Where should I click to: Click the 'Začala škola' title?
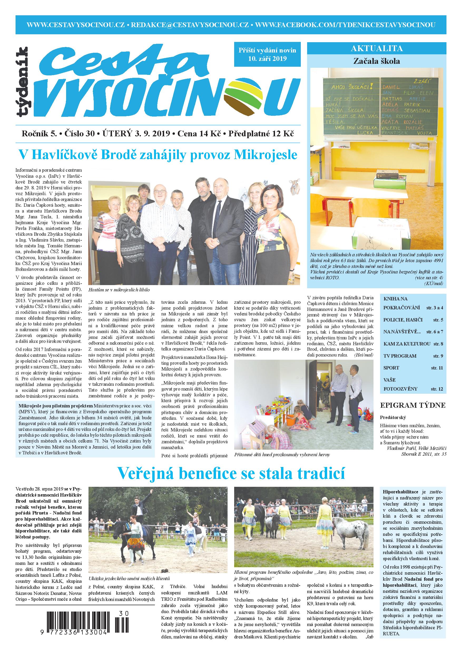tap(377, 61)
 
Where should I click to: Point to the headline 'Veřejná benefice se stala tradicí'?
tap(231, 473)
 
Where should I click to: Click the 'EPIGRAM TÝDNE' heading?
tap(412, 405)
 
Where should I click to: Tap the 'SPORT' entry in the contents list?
tap(391, 368)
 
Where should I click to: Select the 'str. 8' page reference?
tap(438, 344)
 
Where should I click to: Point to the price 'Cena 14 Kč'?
tap(199, 133)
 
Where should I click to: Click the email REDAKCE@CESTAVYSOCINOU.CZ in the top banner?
tap(190, 25)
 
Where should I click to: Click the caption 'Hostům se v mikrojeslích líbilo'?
tap(119, 290)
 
